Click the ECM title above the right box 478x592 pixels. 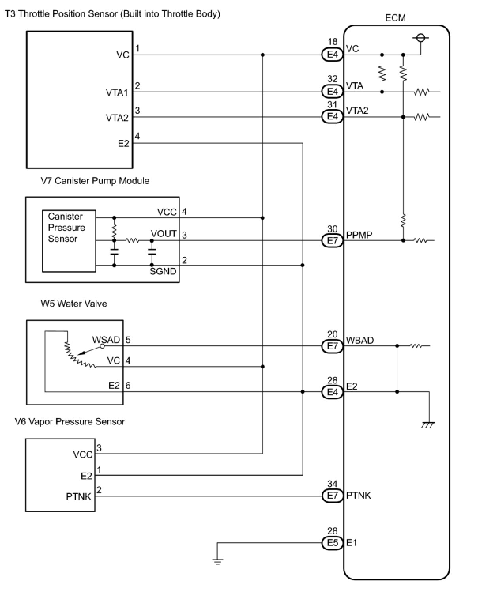point(395,18)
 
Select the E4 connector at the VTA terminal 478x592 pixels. point(332,91)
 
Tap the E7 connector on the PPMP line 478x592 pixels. point(332,240)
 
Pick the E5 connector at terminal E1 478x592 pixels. point(332,543)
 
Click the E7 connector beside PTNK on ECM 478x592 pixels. point(332,495)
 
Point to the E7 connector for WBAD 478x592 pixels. point(332,346)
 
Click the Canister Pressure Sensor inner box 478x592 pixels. point(69,241)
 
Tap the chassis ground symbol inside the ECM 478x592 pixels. point(428,425)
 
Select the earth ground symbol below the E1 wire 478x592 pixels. point(218,562)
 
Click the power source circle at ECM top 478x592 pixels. point(421,38)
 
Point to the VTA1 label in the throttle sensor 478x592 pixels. point(117,92)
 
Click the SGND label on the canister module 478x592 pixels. point(163,271)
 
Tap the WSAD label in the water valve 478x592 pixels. point(106,339)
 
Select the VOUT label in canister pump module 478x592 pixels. point(164,234)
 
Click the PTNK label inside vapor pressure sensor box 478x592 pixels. point(79,496)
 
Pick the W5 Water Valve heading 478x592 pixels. point(73,303)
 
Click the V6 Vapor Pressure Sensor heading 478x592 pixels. point(70,422)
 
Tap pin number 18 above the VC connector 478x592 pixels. point(332,41)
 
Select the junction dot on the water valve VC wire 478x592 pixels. point(262,367)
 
